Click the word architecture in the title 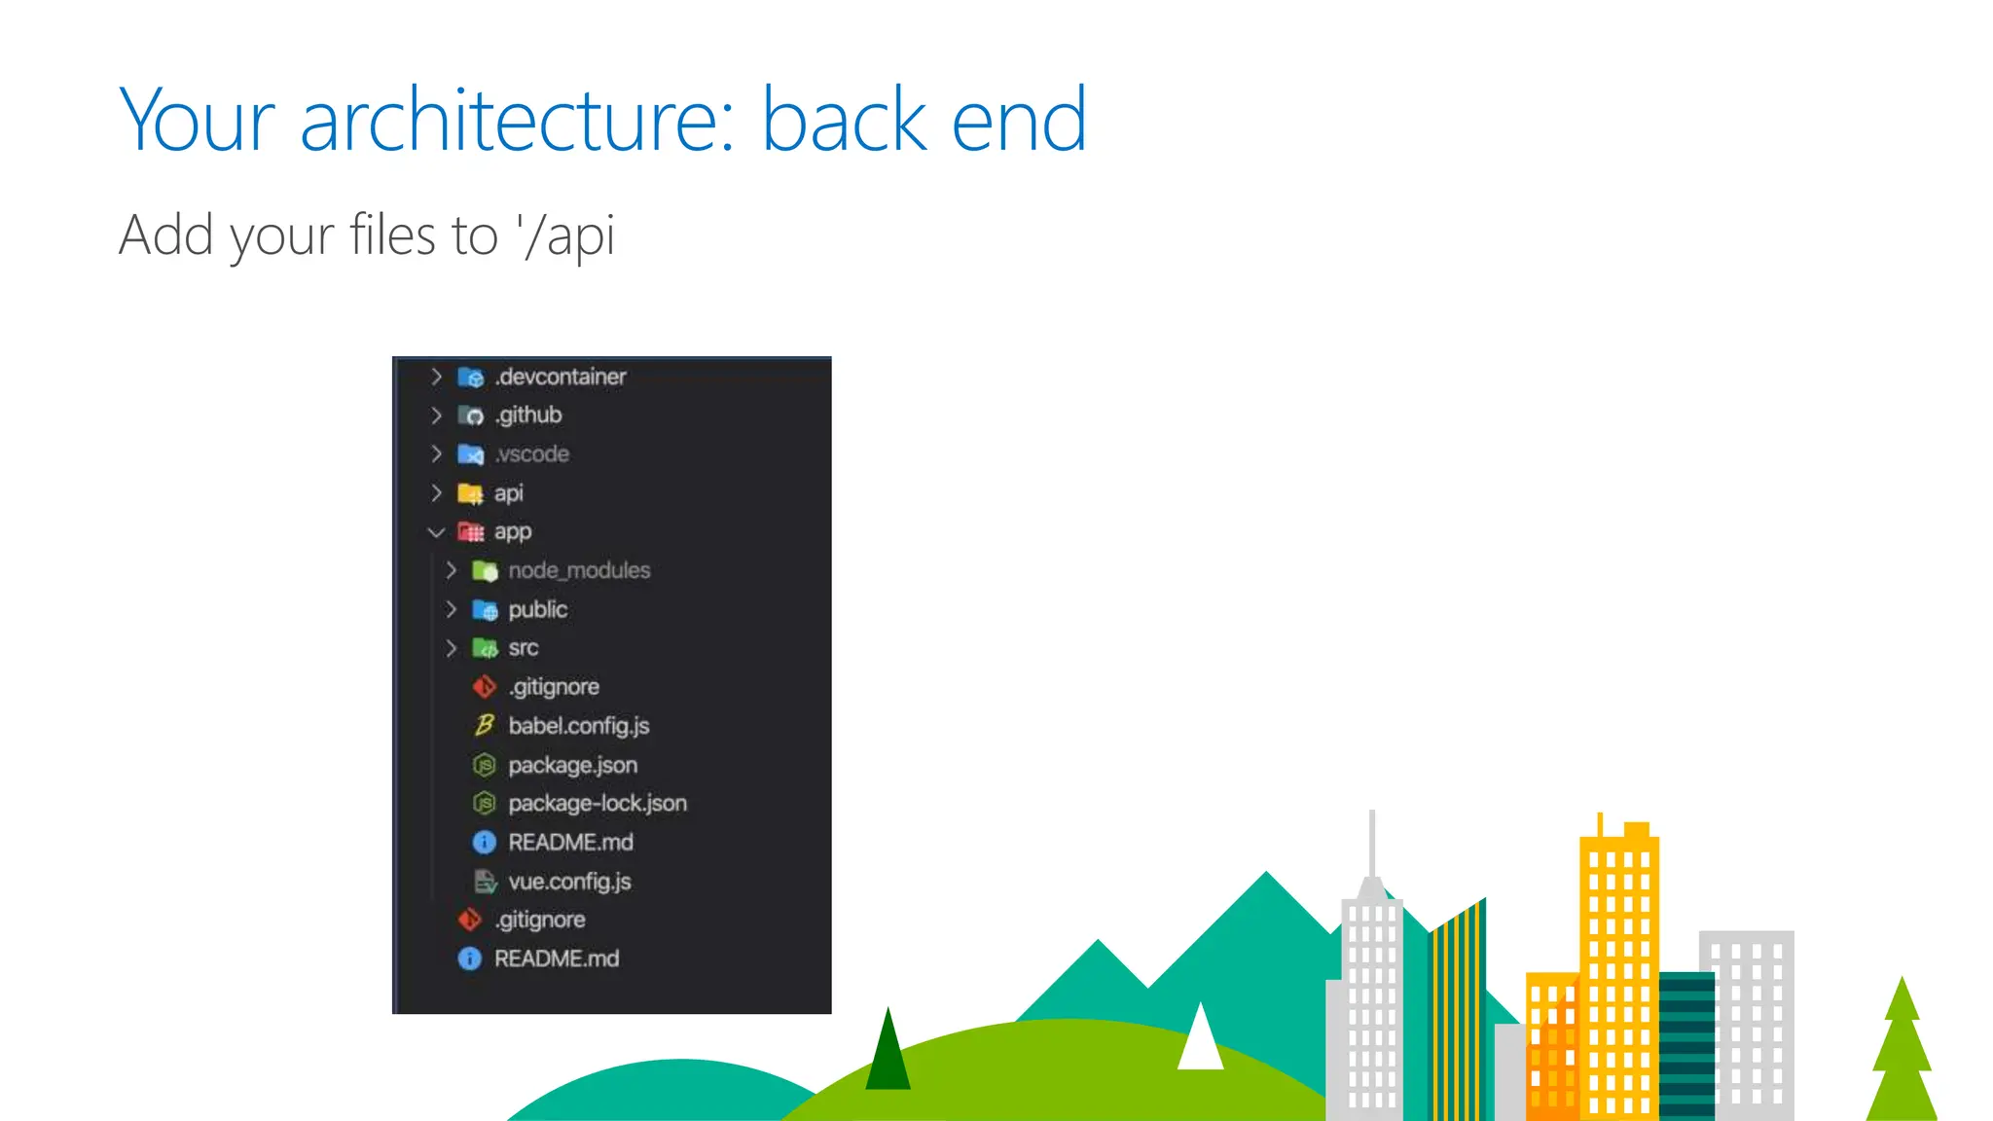pos(516,121)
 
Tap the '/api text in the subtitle pos(566,235)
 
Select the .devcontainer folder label pos(561,377)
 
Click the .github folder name pos(528,416)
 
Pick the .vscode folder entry pos(531,454)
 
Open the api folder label pos(508,493)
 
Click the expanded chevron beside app pos(436,532)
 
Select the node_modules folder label pos(579,570)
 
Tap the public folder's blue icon pos(485,610)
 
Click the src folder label pos(523,648)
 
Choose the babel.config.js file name pos(578,726)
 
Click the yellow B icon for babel pos(484,725)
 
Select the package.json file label pos(572,765)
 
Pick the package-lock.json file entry pos(597,804)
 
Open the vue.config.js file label pos(569,882)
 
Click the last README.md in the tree pos(556,958)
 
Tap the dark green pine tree pos(888,1051)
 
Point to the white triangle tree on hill pos(1200,1039)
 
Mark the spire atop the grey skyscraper pos(1372,843)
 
